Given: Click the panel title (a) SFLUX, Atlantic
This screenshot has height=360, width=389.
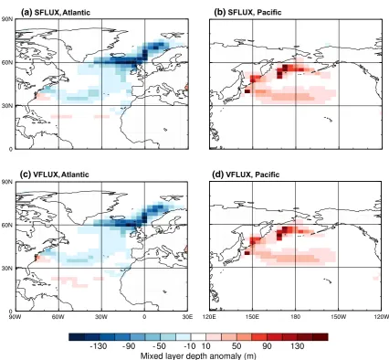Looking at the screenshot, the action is (x=55, y=13).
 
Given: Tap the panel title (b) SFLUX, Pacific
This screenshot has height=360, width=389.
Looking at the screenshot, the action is (x=247, y=13).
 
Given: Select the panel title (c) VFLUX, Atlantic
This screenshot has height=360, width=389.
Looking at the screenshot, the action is (x=55, y=175).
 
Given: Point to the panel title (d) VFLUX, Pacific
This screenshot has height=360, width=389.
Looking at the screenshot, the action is (x=247, y=175).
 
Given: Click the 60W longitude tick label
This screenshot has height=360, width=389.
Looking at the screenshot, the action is (x=58, y=316).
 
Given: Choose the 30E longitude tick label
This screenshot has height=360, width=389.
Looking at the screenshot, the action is (x=187, y=316).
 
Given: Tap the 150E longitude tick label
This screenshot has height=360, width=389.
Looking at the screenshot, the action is (x=252, y=316).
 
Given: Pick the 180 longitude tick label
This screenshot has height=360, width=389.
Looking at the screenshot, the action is (x=296, y=316).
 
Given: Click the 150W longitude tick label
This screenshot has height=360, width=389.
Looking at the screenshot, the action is (x=339, y=316).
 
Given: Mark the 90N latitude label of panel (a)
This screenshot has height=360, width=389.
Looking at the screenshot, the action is (x=6, y=19).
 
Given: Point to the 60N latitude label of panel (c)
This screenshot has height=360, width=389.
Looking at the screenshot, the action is (x=6, y=225).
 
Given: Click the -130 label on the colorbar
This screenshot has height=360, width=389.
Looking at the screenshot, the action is (x=99, y=346).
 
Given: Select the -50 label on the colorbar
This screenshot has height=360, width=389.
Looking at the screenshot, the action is (x=159, y=346).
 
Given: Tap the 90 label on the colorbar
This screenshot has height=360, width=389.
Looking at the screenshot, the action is (x=267, y=346).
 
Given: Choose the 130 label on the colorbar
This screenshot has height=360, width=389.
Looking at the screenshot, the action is (x=298, y=346).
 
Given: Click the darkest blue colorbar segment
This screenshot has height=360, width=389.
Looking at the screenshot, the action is (x=77, y=336).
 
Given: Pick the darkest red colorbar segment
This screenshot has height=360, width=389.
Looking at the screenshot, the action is (x=321, y=336).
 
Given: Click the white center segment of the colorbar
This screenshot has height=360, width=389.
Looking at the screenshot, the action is (x=198, y=336).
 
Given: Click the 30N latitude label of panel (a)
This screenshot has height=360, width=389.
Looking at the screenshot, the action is (x=6, y=106).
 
